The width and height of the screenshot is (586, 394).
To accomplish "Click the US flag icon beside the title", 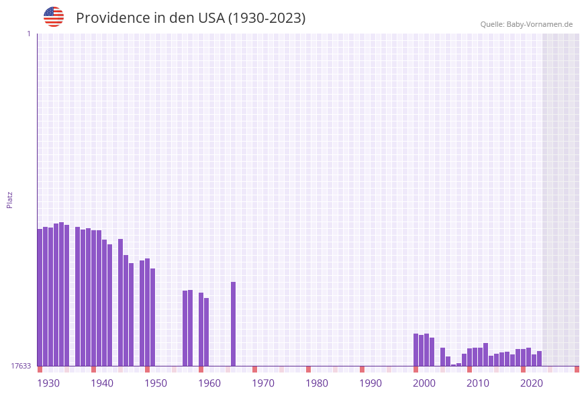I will (54, 17).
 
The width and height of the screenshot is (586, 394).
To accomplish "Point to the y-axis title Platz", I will (10, 199).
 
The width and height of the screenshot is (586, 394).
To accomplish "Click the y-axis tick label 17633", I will (21, 366).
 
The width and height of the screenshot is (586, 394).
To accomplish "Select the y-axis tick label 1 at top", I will (28, 34).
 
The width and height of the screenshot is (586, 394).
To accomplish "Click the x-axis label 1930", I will (48, 383).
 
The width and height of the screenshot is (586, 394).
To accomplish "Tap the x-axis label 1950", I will (156, 383).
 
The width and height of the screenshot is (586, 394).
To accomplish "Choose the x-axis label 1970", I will (263, 383).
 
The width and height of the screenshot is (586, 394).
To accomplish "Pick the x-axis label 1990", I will (371, 383).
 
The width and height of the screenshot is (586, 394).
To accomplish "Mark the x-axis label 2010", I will (478, 383).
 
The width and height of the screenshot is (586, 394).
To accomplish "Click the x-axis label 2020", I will (532, 383).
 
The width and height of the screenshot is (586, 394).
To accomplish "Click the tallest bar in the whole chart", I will (61, 294).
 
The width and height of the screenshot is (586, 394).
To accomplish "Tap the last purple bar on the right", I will (539, 358).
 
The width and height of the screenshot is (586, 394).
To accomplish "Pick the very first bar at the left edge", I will (40, 297).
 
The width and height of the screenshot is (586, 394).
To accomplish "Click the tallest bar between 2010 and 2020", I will (485, 354).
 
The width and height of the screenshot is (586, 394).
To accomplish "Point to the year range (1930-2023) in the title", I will (266, 18).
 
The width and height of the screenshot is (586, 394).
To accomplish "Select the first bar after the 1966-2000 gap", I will (416, 350).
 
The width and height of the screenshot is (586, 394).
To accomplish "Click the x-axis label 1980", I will (317, 383).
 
